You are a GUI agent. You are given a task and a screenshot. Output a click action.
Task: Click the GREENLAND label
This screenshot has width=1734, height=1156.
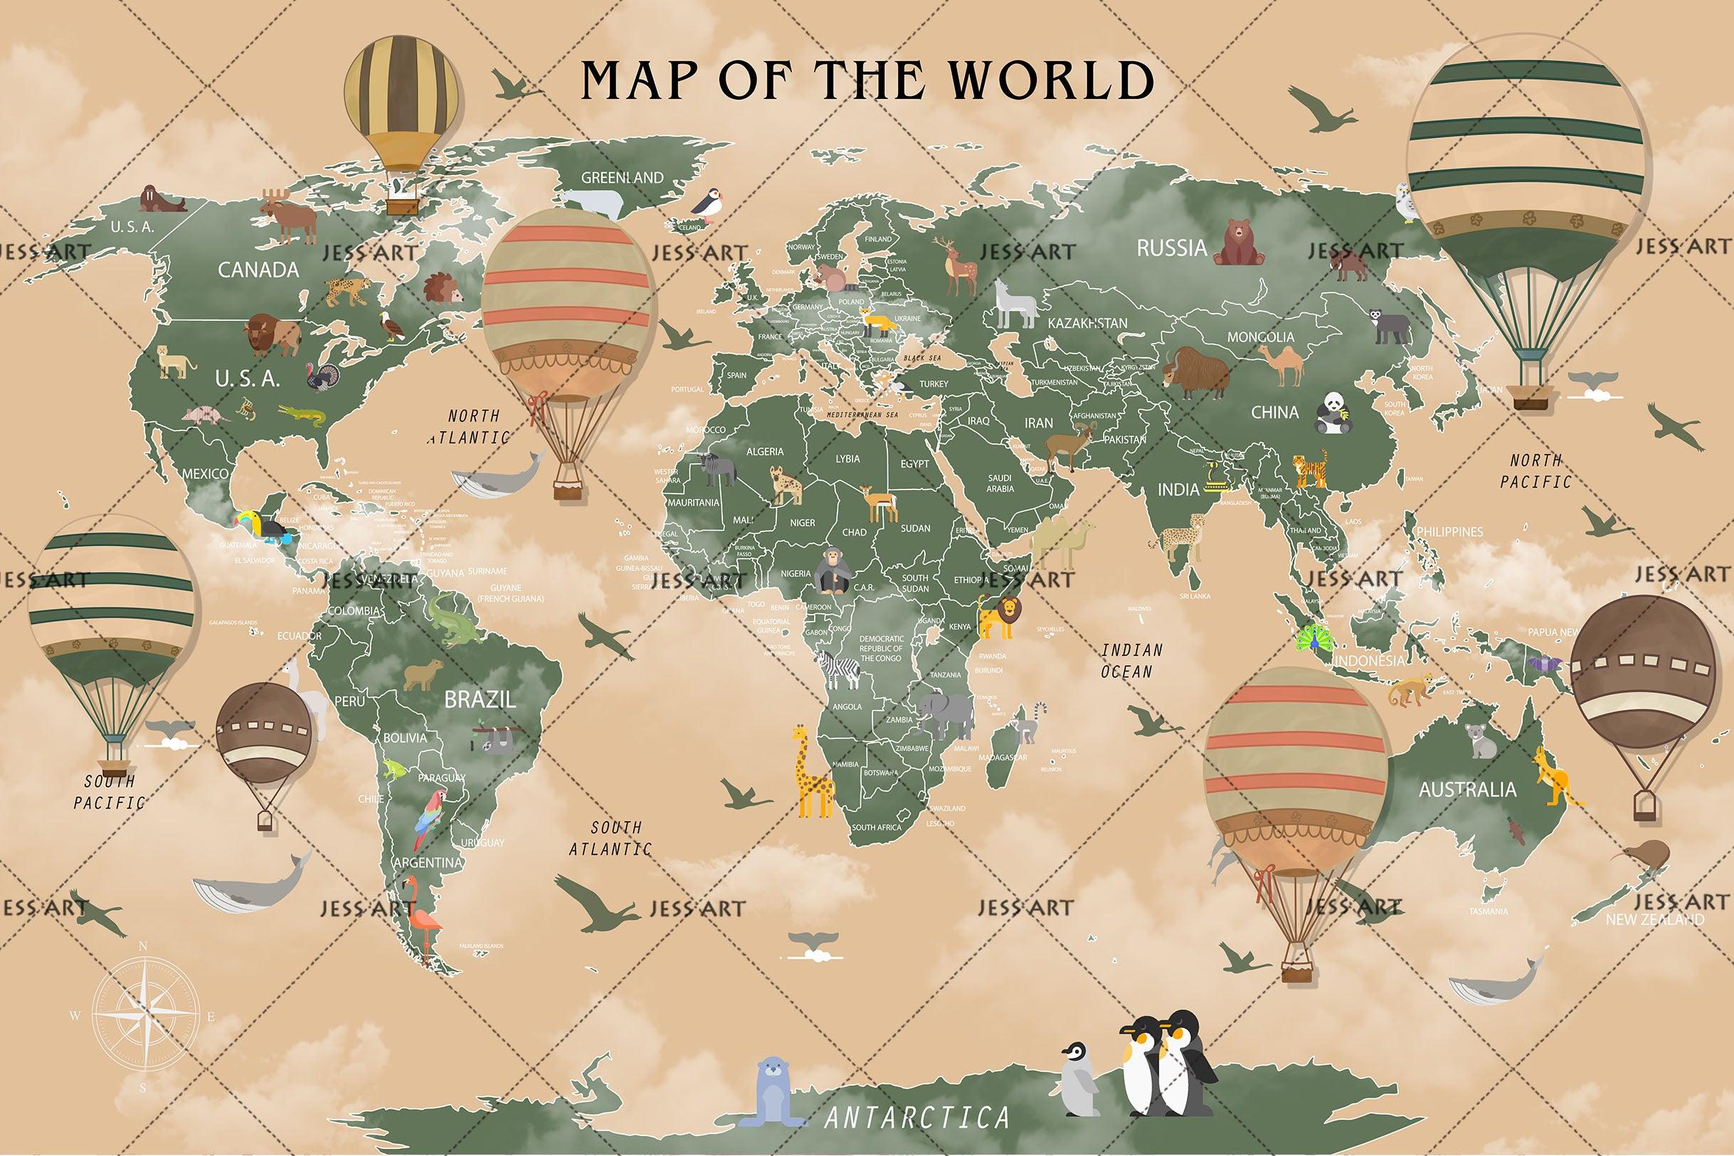tap(623, 178)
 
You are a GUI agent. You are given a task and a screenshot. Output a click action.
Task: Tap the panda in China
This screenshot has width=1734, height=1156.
tap(1332, 411)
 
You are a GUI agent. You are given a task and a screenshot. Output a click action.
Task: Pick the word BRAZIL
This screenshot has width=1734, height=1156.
tap(480, 699)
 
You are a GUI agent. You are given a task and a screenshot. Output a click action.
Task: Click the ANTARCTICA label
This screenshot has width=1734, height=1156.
tap(916, 1118)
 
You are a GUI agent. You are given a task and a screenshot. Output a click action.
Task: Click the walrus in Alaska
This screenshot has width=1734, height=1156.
tap(160, 199)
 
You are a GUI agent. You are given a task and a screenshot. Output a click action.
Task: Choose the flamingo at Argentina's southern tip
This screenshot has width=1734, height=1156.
tap(424, 918)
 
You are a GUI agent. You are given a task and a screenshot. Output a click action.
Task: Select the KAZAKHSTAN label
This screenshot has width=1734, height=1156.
tap(1087, 323)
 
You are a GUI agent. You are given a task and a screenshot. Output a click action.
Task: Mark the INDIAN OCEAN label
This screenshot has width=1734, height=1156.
tap(1131, 661)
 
